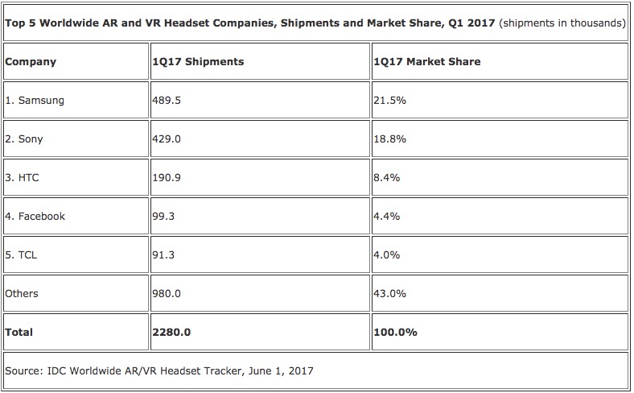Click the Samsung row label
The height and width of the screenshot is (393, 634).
tap(35, 101)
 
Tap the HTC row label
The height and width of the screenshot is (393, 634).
tap(23, 178)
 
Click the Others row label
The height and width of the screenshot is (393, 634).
tap(22, 294)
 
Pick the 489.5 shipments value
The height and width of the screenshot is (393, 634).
tap(167, 101)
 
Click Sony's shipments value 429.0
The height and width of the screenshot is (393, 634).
tap(167, 139)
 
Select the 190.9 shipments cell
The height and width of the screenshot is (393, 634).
tap(167, 178)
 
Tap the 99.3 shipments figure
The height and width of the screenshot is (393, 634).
tap(163, 217)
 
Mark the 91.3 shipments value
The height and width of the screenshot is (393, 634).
tap(163, 255)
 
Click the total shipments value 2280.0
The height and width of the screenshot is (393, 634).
tap(170, 332)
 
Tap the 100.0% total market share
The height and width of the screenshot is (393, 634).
tap(394, 332)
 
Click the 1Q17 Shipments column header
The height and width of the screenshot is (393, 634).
tap(198, 62)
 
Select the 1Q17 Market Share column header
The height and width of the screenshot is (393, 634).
tap(426, 62)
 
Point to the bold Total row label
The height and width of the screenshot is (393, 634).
tap(19, 332)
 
